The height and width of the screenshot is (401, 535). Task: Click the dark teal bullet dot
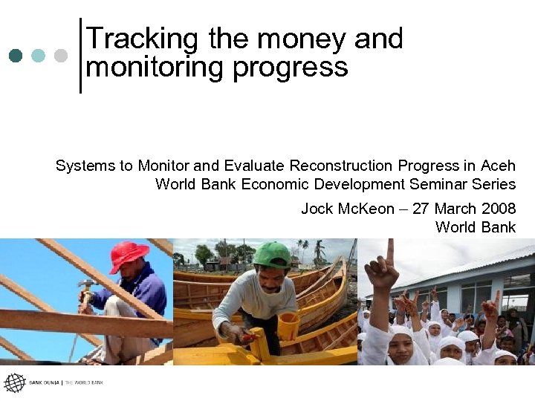pos(16,56)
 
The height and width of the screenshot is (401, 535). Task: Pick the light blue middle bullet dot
pos(39,56)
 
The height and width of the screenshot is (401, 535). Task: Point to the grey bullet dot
pos(61,56)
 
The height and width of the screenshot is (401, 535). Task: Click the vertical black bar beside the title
pos(80,56)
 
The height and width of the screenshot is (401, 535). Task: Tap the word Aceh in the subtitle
pos(498,165)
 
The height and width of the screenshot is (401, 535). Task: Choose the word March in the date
pos(455,209)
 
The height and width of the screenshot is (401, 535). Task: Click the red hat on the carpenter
pos(129,255)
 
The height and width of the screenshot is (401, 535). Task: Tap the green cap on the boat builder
pos(272,254)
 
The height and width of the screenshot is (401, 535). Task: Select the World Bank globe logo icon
pos(14,383)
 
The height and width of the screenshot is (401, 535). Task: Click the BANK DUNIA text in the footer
pos(45,383)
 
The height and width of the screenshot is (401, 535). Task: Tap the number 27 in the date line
pos(421,209)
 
